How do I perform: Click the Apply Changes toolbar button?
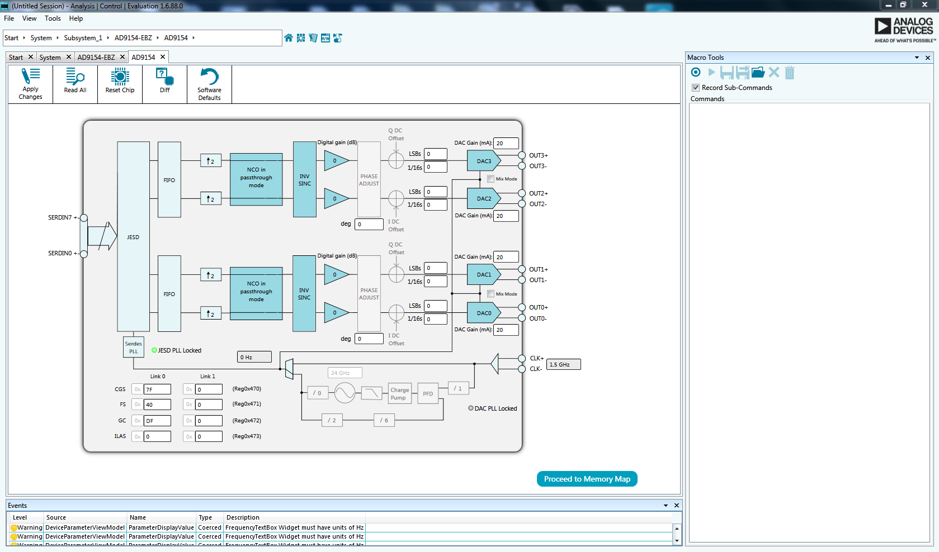point(30,84)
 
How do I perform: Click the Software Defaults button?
point(209,84)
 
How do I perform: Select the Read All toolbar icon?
point(75,82)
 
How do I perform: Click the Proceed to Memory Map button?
point(587,479)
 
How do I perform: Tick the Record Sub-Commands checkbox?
point(696,88)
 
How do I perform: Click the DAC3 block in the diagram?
point(483,161)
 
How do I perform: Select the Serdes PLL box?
point(133,347)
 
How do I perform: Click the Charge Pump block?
point(399,394)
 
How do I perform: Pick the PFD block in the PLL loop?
point(428,394)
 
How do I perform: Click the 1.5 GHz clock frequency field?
point(563,364)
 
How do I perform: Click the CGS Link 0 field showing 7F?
point(157,389)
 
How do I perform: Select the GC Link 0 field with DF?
point(157,421)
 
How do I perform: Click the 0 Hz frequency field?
point(254,357)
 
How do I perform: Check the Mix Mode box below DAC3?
point(490,179)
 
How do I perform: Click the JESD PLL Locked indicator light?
point(154,350)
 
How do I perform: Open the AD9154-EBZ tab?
point(96,58)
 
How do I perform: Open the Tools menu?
point(53,18)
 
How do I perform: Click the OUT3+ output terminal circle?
point(522,155)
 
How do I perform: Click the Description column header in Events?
point(243,517)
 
